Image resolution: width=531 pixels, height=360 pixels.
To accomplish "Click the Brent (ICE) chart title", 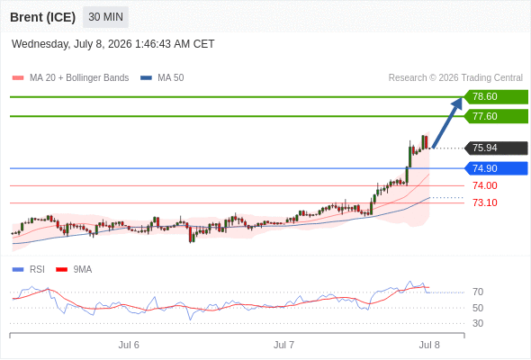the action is [42, 17].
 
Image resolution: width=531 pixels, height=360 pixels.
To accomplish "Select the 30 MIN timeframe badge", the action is [105, 17].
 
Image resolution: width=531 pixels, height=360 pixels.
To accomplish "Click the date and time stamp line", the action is [112, 44].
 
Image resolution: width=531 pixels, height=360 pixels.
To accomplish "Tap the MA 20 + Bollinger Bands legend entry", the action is [70, 78].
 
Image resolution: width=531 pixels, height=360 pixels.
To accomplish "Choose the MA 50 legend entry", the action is [162, 78].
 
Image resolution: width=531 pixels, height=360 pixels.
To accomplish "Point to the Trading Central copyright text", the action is [455, 78].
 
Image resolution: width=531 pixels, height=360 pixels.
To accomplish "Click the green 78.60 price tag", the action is [496, 97].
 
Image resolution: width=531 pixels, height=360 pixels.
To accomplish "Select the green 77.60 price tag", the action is [496, 116].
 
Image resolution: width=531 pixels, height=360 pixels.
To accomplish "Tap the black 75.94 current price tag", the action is [496, 148].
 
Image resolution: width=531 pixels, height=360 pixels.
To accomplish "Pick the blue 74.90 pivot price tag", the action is [496, 168].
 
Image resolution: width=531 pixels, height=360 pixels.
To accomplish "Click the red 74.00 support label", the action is [485, 185].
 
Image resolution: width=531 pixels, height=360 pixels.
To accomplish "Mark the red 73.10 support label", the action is [485, 202].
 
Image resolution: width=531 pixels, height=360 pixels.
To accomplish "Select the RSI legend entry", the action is [29, 270].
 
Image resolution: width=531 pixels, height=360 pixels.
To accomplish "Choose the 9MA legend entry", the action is [74, 270].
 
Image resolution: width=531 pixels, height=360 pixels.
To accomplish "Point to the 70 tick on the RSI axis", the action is [478, 292].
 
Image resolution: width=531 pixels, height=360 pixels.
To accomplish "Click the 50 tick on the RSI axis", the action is [478, 308].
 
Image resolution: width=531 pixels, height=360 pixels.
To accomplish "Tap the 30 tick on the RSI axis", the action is [478, 323].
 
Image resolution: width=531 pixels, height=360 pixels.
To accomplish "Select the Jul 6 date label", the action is [129, 345].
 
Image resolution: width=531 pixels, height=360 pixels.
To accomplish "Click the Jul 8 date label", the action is [429, 345].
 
